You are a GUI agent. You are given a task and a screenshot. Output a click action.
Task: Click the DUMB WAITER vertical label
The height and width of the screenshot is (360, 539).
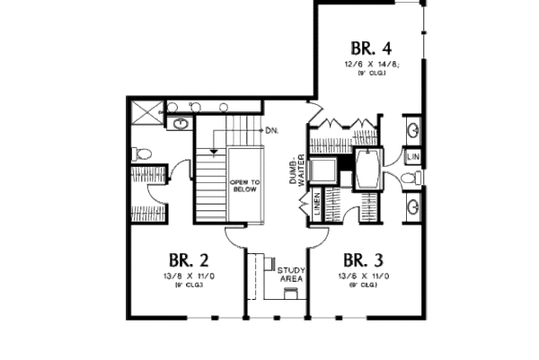297,171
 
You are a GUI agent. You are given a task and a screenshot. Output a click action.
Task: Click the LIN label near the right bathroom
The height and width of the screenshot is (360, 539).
413,157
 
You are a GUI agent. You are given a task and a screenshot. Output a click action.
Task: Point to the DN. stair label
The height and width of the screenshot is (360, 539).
271,131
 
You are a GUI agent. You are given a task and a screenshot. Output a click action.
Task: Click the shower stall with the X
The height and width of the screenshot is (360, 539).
145,113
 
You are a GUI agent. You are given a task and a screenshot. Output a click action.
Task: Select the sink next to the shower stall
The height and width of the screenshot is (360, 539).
179,122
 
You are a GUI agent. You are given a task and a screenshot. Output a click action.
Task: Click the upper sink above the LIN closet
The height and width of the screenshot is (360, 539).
412,130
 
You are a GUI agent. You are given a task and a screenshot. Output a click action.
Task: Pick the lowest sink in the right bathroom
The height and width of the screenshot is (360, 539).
412,208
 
